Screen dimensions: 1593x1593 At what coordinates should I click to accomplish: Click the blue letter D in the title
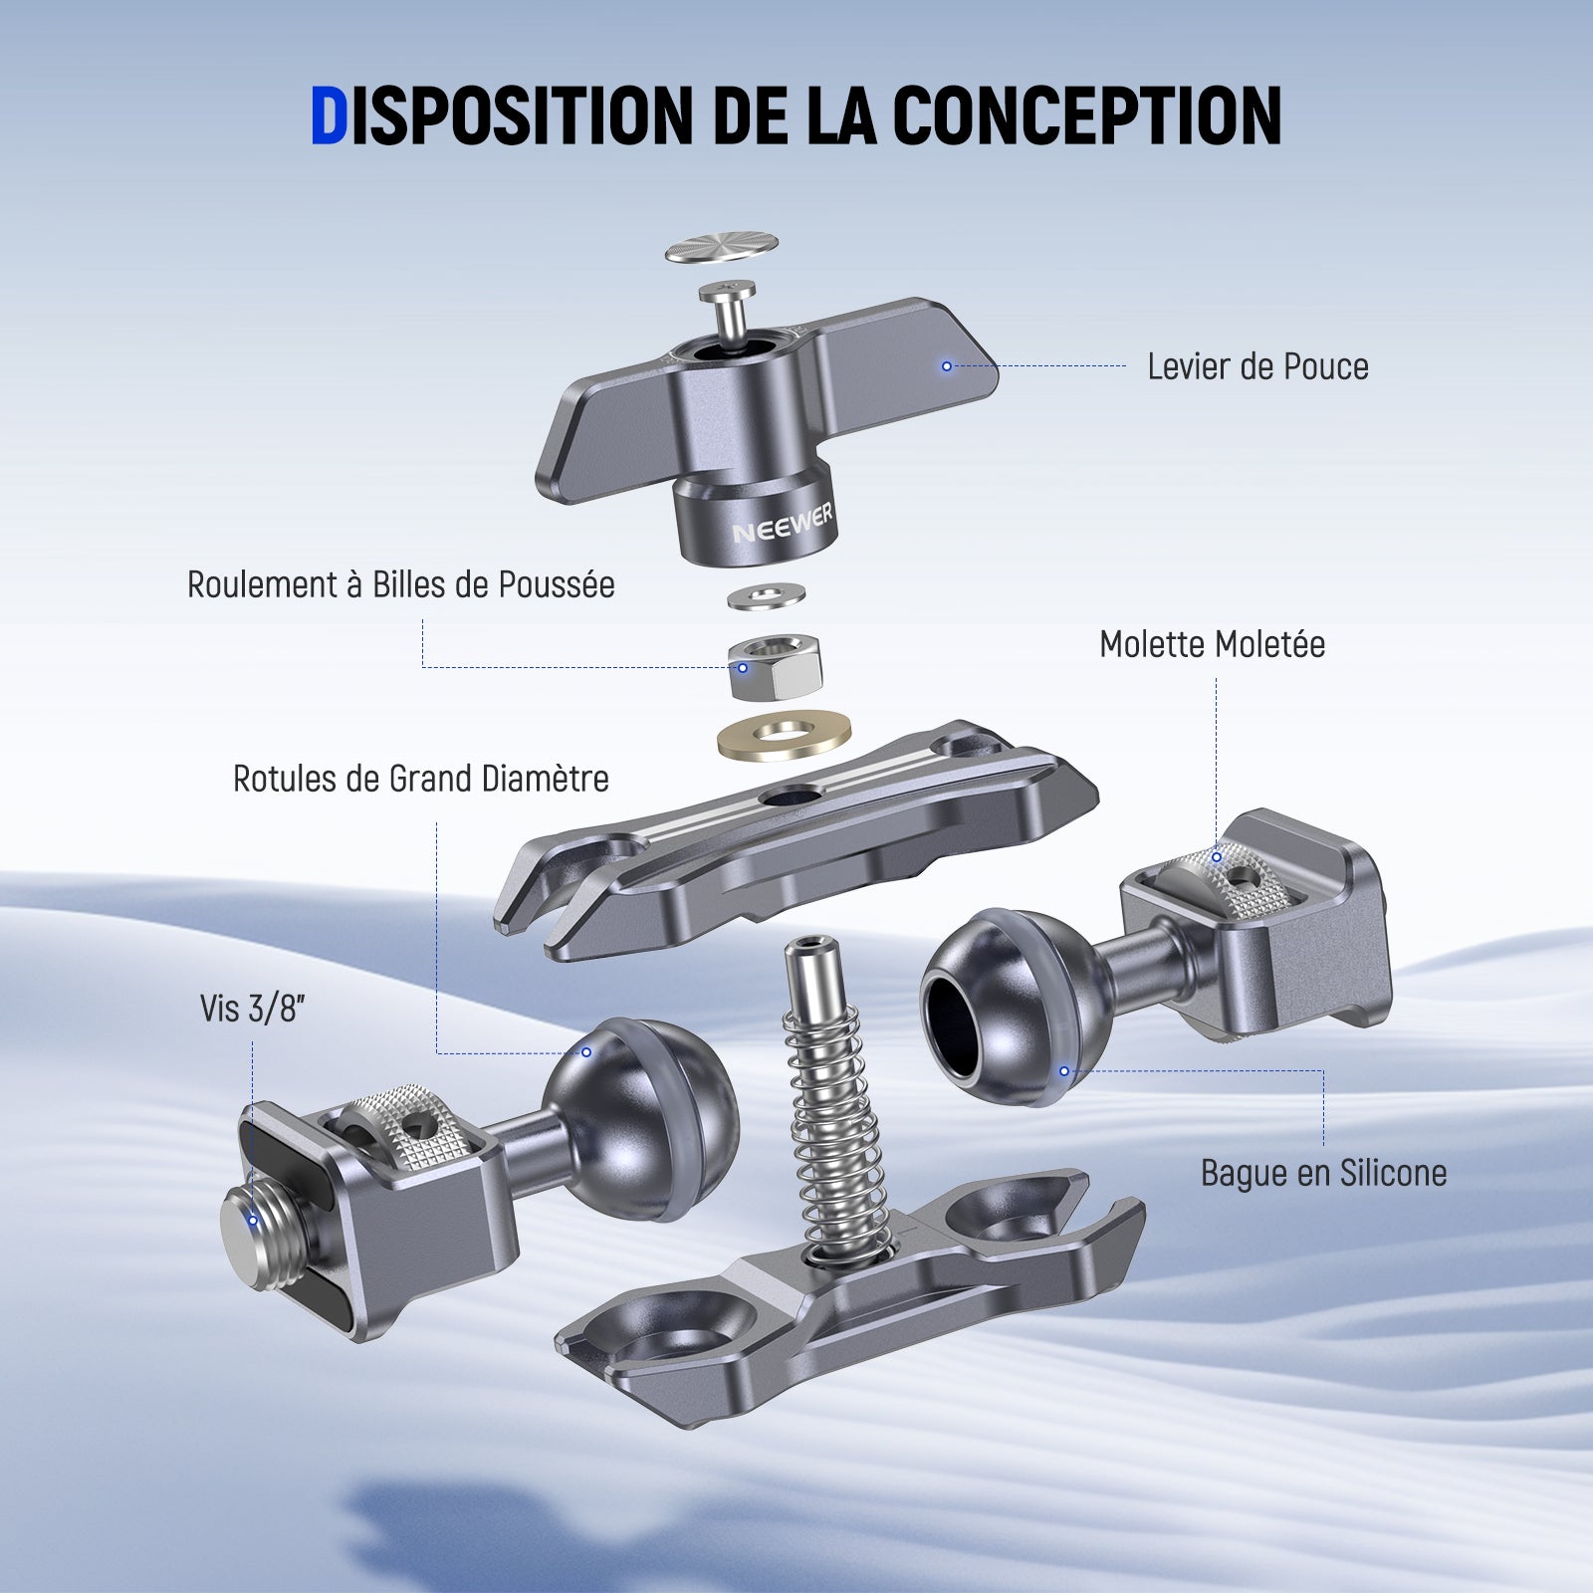click(x=329, y=114)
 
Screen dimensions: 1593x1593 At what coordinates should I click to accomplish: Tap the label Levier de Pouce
click(x=1257, y=366)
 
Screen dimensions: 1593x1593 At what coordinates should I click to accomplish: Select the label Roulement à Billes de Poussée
click(x=401, y=584)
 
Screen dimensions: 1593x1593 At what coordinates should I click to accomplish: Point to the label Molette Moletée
click(x=1212, y=644)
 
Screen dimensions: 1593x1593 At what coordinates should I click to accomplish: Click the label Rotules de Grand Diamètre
click(x=421, y=779)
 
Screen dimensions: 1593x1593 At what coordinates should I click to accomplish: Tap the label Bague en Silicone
click(x=1323, y=1173)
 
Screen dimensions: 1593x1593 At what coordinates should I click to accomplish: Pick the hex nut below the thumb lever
click(x=776, y=666)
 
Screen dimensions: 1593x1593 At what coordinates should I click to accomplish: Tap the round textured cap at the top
click(x=724, y=245)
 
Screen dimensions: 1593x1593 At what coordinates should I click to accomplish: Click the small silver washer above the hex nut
click(x=767, y=597)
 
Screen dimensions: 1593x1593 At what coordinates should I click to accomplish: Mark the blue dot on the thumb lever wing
click(x=947, y=366)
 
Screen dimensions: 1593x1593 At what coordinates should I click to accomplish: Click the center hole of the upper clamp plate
click(x=786, y=796)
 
